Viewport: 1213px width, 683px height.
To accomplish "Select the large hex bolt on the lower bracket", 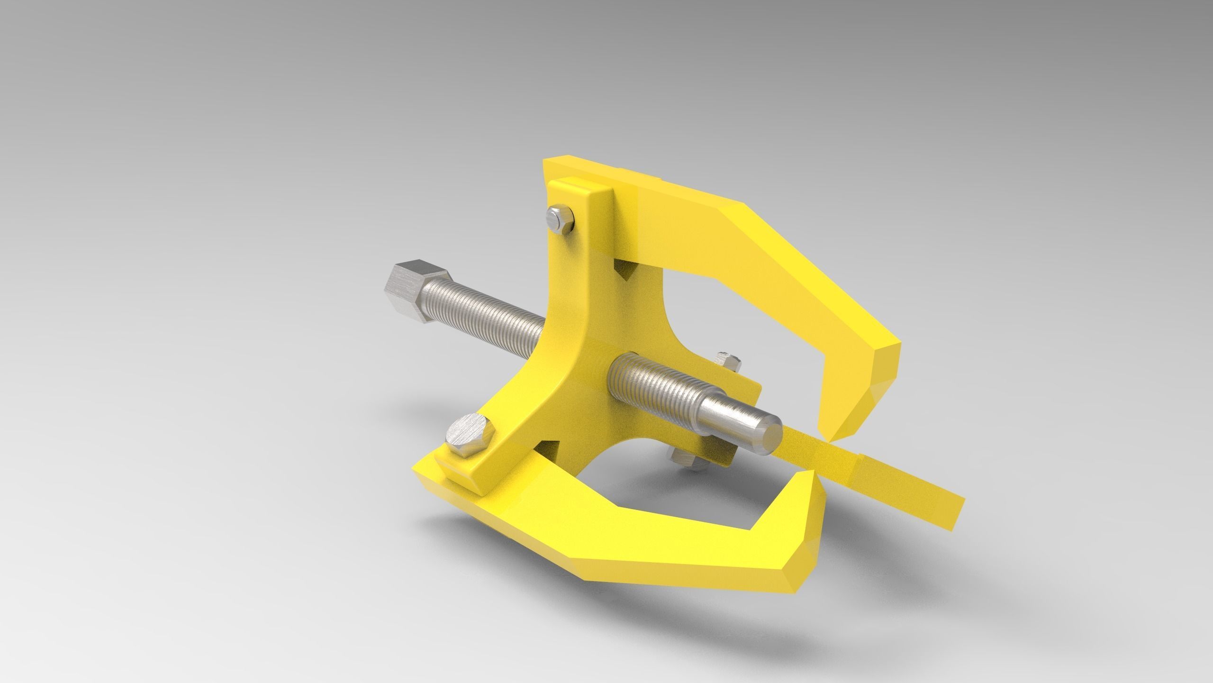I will [x=469, y=435].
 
